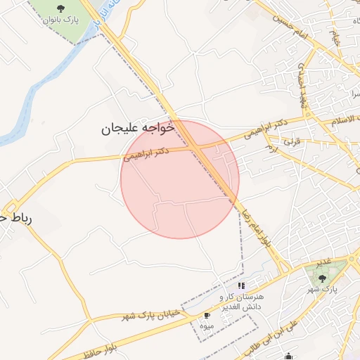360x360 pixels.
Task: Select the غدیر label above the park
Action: coord(322,263)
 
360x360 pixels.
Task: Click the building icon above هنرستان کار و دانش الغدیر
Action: coord(242,285)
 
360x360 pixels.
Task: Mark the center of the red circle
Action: coord(180,179)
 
